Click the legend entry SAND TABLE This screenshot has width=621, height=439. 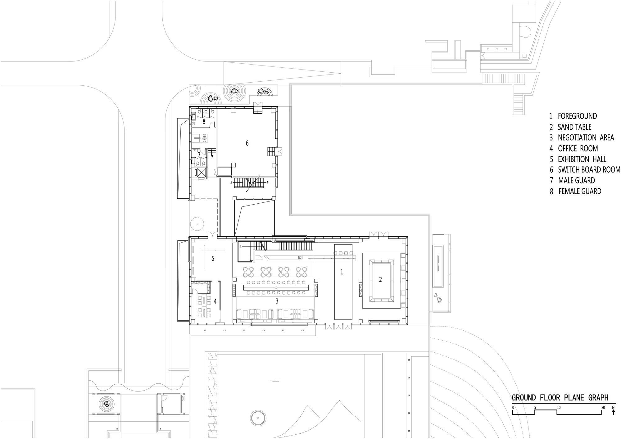575,127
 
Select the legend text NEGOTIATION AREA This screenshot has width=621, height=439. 586,138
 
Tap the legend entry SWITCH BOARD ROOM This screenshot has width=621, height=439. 589,170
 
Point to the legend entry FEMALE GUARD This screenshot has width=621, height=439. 580,191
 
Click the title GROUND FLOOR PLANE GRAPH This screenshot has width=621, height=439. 560,398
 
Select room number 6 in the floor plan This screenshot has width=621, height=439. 247,143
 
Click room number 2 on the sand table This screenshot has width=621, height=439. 380,279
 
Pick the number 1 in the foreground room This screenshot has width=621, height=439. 342,272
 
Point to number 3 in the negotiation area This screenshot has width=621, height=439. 277,301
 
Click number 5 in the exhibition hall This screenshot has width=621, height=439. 213,259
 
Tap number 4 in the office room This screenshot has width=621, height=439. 215,301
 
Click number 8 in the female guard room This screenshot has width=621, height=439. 204,121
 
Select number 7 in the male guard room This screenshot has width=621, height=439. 199,154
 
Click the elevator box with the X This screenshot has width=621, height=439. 201,172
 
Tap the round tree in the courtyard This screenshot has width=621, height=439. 197,223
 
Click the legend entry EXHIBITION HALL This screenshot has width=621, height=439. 582,159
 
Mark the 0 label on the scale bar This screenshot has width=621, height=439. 513,407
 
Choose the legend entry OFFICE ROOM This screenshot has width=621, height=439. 578,148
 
